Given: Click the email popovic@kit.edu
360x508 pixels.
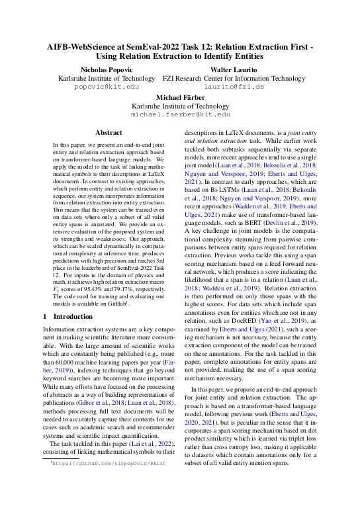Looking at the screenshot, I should click(x=107, y=86).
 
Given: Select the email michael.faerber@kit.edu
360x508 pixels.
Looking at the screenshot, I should click(x=180, y=114).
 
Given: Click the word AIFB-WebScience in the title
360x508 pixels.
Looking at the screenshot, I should click(x=79, y=48).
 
